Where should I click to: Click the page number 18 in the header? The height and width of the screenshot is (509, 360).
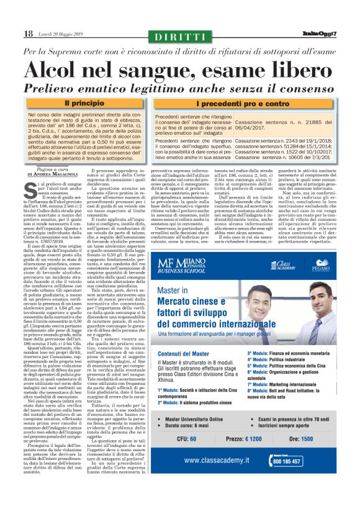tap(28, 33)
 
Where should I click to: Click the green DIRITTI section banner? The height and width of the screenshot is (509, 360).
tap(180, 37)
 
